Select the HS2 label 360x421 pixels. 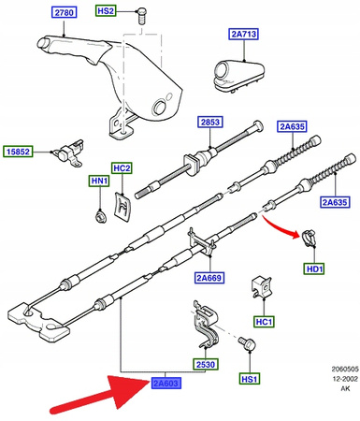pyautogui.click(x=106, y=10)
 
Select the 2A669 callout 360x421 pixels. pyautogui.click(x=210, y=277)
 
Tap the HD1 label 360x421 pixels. pyautogui.click(x=313, y=270)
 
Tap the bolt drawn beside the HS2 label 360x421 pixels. pyautogui.click(x=140, y=13)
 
